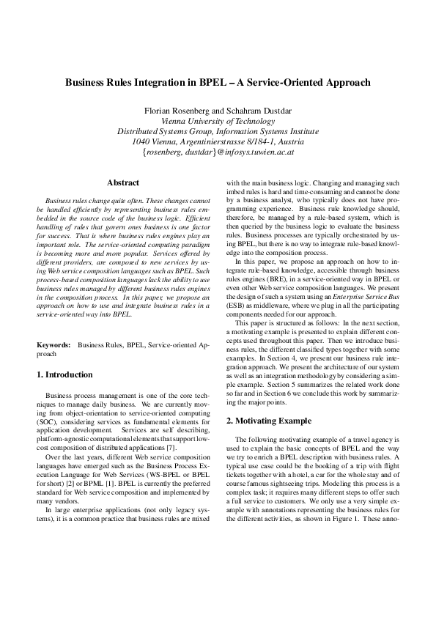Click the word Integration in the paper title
pos(166,83)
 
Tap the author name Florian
pos(163,111)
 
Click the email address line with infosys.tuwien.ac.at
pos(218,152)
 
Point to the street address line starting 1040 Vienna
pos(218,141)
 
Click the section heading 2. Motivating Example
pos(268,421)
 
